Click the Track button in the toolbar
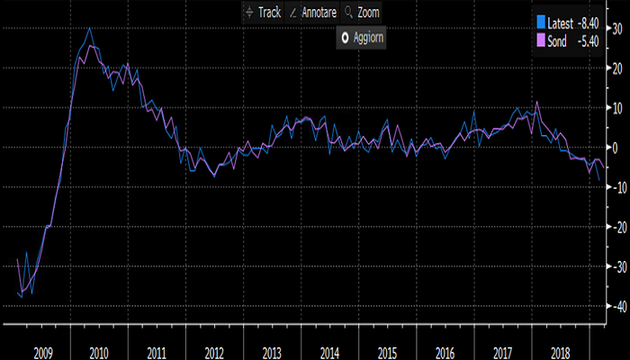pyautogui.click(x=264, y=13)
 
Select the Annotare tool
pyautogui.click(x=313, y=13)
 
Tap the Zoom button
pyautogui.click(x=363, y=13)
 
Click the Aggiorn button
pyautogui.click(x=363, y=38)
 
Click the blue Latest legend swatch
pyautogui.click(x=540, y=22)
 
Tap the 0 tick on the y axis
pyautogui.click(x=616, y=147)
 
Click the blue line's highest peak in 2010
pyautogui.click(x=89, y=28)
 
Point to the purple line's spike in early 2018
pyautogui.click(x=537, y=102)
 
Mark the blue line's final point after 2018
pyautogui.click(x=599, y=180)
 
